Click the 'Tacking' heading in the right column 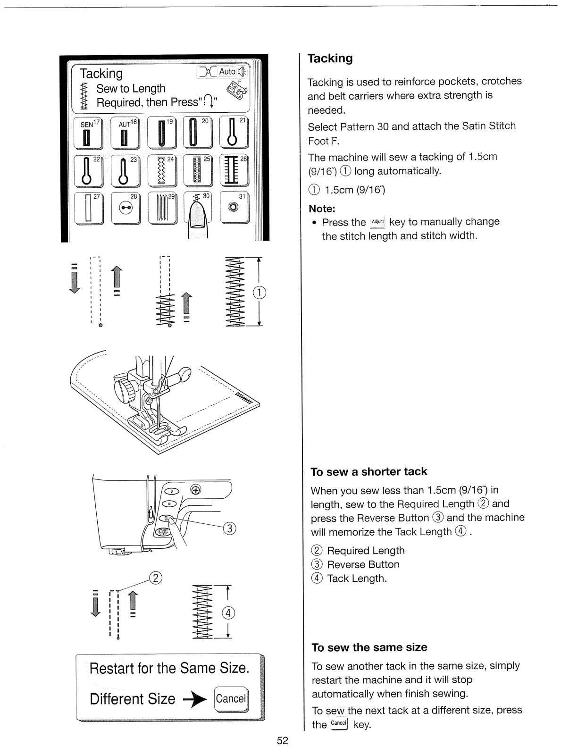pos(330,59)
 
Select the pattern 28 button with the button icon pos(126,207)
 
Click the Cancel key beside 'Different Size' pos(231,699)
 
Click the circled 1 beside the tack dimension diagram pos(259,293)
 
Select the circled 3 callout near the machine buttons pos(229,528)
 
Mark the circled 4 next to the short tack pos(228,613)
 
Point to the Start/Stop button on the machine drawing pos(163,532)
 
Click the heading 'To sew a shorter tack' pos(368,471)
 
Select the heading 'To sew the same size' pos(369,647)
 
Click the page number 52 pos(282,740)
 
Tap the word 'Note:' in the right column pos(322,209)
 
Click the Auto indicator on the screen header pos(227,71)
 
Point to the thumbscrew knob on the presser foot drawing pos(124,391)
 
